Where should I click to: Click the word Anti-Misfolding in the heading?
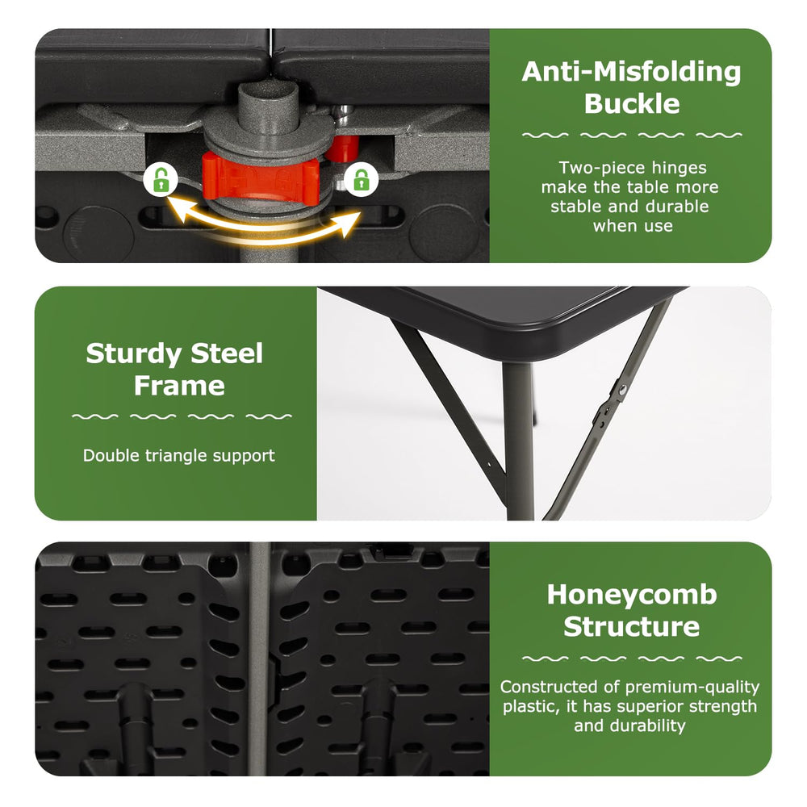[631, 72]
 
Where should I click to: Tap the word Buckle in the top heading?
[632, 104]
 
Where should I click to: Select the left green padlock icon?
[161, 179]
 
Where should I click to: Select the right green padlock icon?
[362, 179]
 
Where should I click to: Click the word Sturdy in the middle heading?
[134, 355]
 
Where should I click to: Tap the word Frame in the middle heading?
[180, 386]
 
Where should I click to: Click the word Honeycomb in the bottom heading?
[632, 595]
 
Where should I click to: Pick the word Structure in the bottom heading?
[632, 627]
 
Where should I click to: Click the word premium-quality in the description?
[692, 688]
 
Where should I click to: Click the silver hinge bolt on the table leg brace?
[621, 390]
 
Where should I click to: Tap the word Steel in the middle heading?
[227, 354]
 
